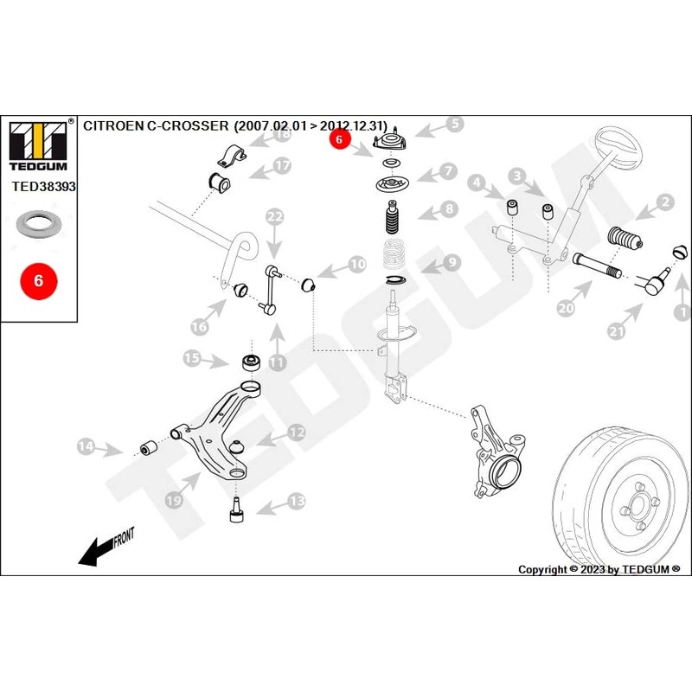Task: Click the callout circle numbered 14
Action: tap(86, 446)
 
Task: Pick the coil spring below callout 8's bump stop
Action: tap(394, 257)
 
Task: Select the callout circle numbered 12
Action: tap(297, 431)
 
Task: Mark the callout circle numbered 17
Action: tap(283, 165)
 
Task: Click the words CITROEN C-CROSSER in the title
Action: tap(152, 125)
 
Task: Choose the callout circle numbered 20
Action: tap(566, 306)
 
